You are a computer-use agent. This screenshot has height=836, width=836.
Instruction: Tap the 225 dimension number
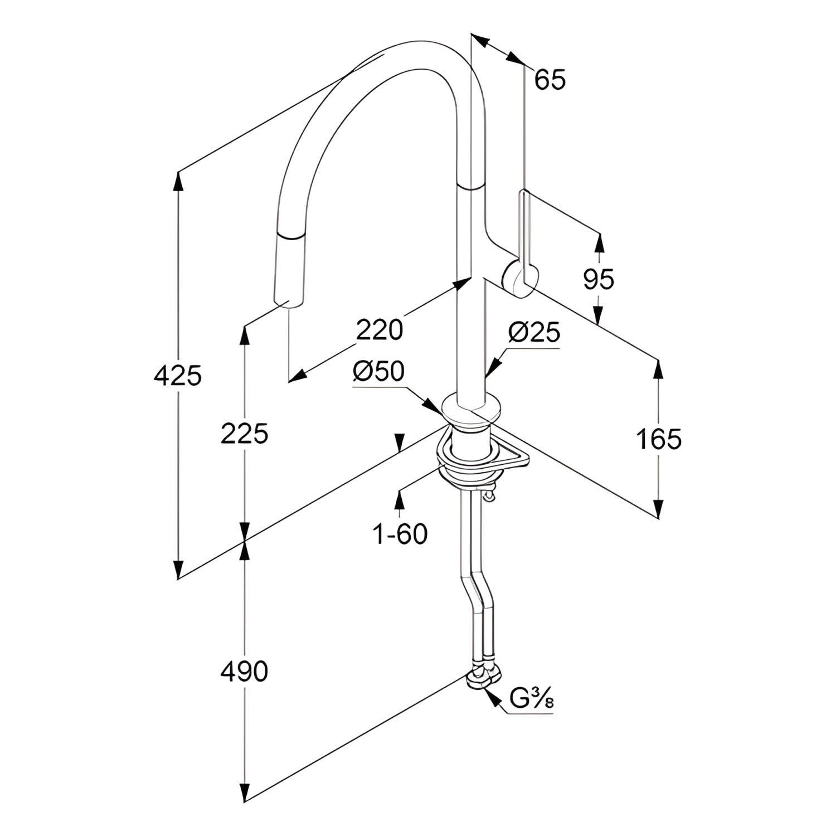[x=244, y=433]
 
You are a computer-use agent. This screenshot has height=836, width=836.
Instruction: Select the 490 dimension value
[x=244, y=672]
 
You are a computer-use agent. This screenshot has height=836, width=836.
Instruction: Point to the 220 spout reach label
[x=379, y=329]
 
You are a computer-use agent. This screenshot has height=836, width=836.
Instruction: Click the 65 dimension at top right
[x=550, y=80]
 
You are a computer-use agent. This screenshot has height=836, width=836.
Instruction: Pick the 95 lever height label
[x=599, y=279]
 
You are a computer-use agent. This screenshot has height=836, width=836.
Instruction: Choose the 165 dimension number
[x=658, y=439]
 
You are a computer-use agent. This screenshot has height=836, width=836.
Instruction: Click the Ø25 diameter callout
[x=533, y=333]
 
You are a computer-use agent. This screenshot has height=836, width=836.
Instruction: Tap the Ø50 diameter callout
[x=378, y=372]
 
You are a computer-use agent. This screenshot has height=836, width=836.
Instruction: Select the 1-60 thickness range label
[x=400, y=534]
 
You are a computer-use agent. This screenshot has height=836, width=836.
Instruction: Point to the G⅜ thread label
[x=532, y=698]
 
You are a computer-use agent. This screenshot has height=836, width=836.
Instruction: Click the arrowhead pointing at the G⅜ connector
[x=490, y=695]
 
